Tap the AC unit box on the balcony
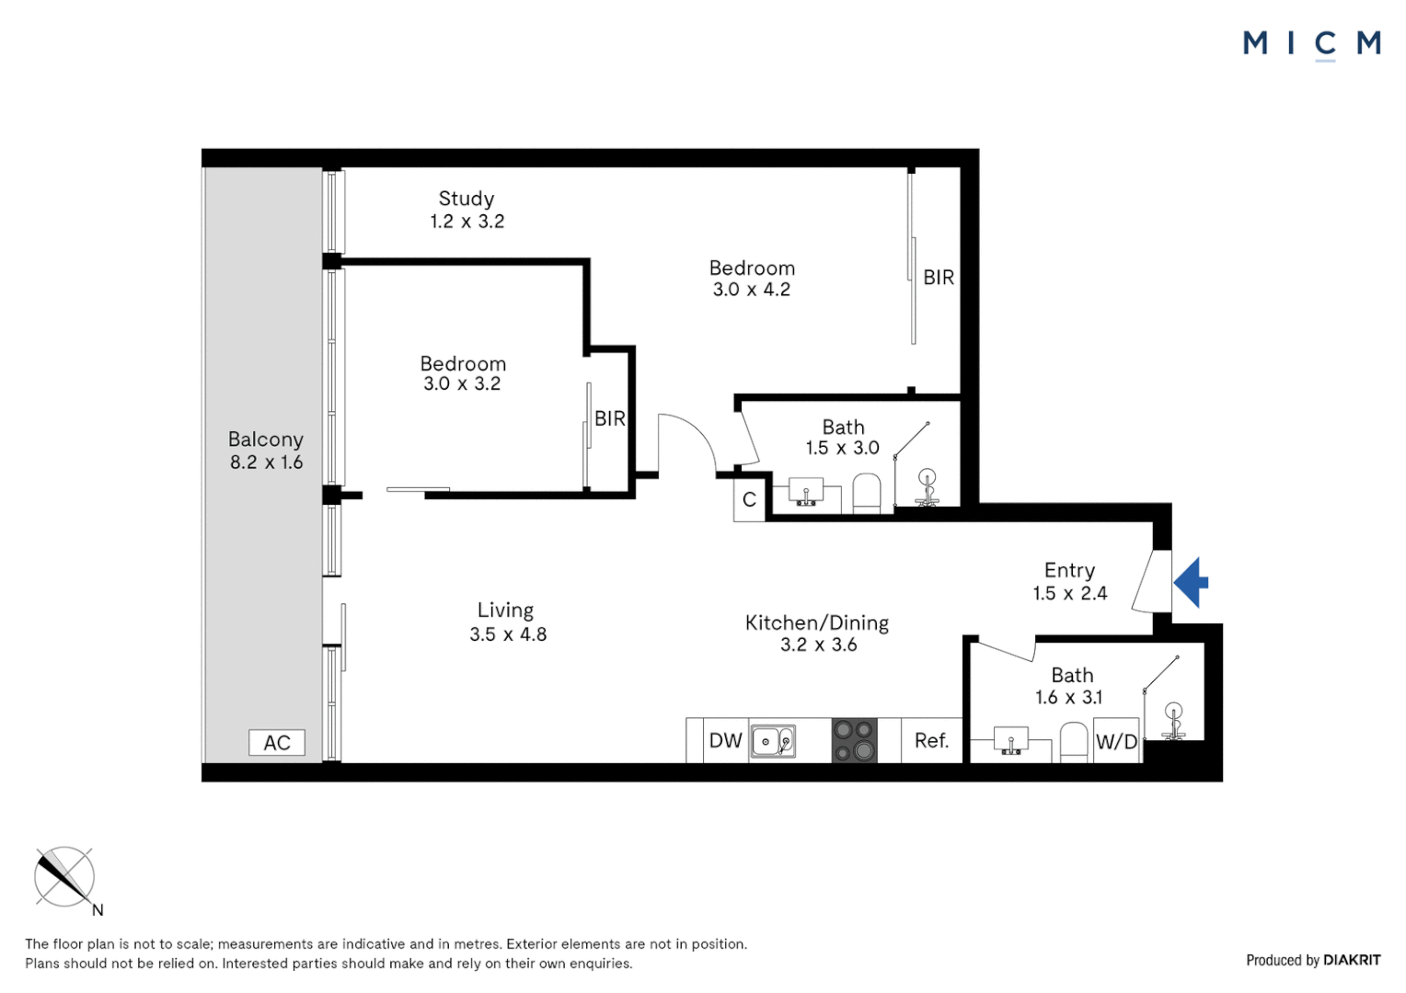click(x=277, y=743)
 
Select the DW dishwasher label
click(x=726, y=741)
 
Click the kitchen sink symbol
click(x=773, y=742)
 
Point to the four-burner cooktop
click(x=854, y=741)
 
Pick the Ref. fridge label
click(x=931, y=741)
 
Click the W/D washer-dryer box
click(x=1117, y=741)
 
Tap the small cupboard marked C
click(x=749, y=500)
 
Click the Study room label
click(x=467, y=199)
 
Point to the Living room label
click(x=506, y=611)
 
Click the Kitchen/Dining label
click(x=817, y=622)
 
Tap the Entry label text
click(x=1069, y=571)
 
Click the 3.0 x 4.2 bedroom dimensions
click(x=752, y=290)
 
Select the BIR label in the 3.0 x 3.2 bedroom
click(x=610, y=418)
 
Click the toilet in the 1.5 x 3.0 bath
click(x=868, y=494)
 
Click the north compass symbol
click(x=64, y=877)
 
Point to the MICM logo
click(x=1312, y=44)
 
